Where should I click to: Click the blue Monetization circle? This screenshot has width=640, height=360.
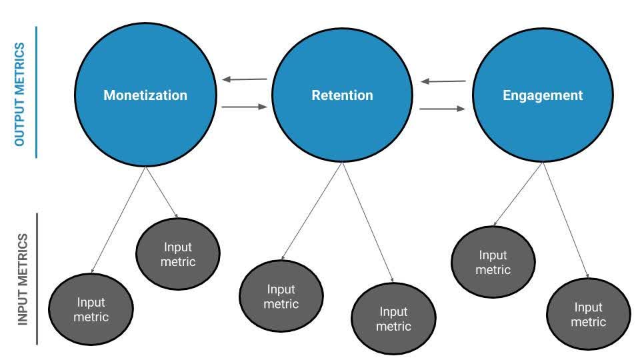[145, 95]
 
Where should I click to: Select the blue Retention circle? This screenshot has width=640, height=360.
[342, 95]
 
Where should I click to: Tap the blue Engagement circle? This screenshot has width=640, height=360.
[542, 95]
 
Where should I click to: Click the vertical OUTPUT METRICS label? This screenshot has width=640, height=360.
[20, 94]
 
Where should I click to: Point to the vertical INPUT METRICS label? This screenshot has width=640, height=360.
[23, 279]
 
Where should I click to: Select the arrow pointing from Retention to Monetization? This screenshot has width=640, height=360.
[245, 79]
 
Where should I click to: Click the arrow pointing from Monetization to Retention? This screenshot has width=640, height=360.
[245, 106]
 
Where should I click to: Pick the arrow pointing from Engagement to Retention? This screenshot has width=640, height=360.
[443, 82]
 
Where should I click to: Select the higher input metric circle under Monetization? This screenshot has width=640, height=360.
[178, 254]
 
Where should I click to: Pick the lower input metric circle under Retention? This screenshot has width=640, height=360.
[393, 319]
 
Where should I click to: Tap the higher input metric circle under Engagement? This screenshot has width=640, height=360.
[493, 263]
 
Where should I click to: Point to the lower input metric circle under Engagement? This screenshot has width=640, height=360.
[588, 315]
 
